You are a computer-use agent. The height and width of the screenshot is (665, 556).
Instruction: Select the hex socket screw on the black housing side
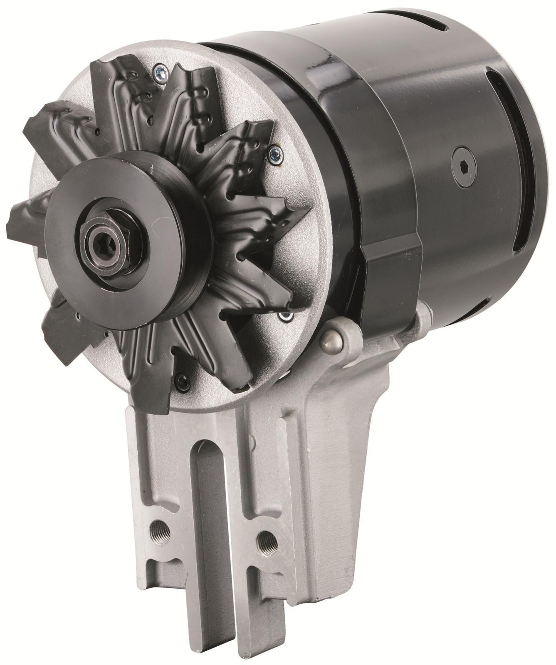coord(464,166)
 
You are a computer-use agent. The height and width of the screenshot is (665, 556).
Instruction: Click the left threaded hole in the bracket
coord(159,532)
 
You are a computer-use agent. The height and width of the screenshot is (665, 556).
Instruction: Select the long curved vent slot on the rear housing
coord(505,158)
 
